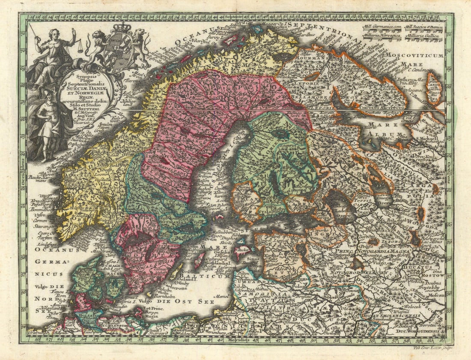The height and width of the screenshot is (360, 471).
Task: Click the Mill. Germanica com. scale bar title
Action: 381,27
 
